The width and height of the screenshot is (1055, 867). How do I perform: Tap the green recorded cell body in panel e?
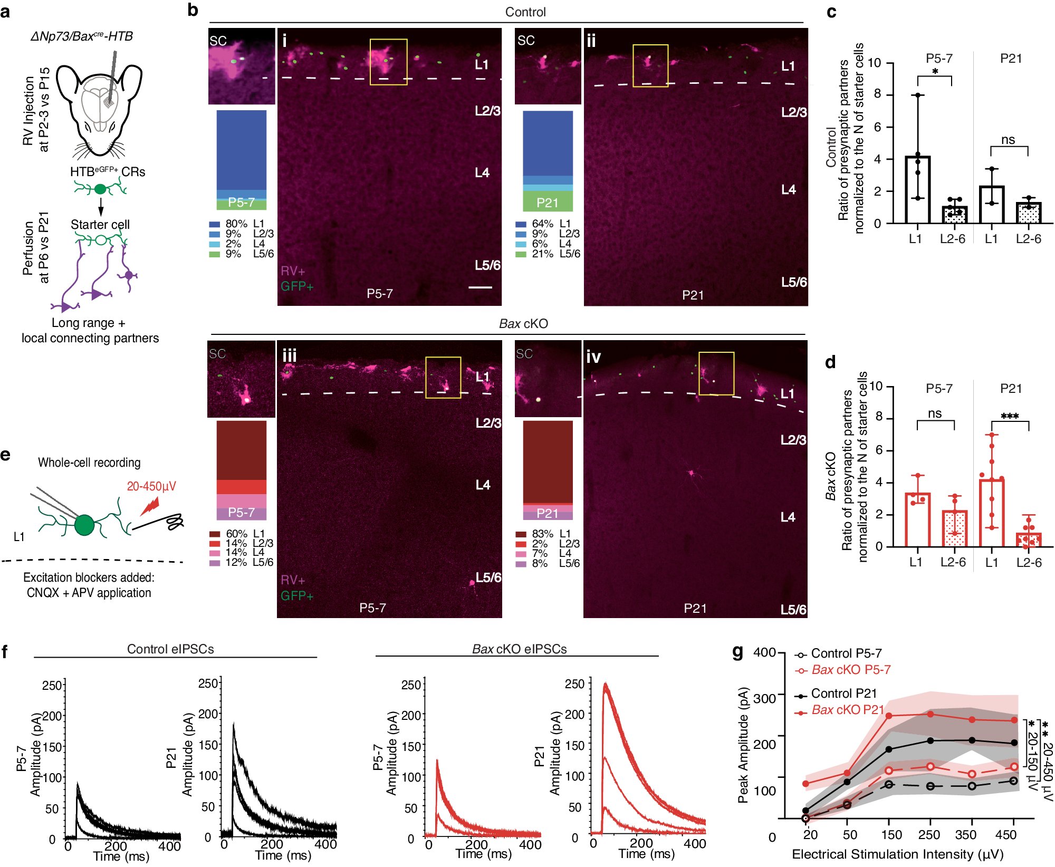[x=84, y=525]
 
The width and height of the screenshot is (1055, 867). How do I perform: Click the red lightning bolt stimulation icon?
[x=150, y=506]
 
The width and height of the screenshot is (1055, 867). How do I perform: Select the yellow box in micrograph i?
[x=388, y=62]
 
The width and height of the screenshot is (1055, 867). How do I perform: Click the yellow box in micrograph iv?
[x=716, y=373]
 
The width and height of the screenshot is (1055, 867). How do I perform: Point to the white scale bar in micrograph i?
[x=480, y=287]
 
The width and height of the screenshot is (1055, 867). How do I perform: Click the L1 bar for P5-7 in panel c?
[x=917, y=190]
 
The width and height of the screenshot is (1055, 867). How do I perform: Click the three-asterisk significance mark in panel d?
[x=1010, y=417]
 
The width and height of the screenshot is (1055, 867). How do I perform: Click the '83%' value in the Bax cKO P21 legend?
[x=542, y=534]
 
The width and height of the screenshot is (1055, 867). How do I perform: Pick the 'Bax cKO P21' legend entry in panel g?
[x=847, y=710]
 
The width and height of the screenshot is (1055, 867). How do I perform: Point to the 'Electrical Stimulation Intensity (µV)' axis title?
[x=897, y=854]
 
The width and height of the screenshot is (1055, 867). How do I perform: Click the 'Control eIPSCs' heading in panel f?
[x=170, y=649]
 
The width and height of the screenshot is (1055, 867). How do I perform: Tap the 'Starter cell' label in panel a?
[x=100, y=225]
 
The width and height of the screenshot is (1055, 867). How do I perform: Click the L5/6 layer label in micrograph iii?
[x=488, y=577]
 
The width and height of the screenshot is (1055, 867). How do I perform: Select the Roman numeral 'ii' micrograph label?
[x=591, y=41]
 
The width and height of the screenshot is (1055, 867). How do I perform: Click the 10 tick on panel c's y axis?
[x=874, y=63]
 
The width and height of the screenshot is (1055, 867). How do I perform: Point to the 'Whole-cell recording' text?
[x=89, y=463]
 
